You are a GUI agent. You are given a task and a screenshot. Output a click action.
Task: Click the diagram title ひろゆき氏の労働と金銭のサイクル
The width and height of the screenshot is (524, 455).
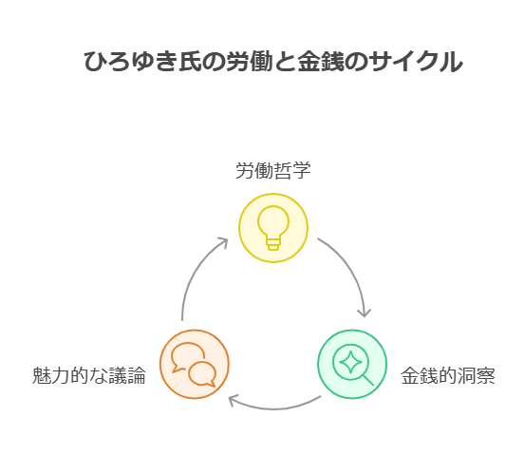tap(273, 61)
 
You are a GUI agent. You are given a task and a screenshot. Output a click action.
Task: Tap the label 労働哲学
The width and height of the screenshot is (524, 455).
tap(273, 170)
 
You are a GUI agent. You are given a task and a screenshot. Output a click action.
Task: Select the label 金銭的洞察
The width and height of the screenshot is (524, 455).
tap(448, 375)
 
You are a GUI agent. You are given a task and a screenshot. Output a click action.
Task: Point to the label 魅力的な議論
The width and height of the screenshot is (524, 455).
tap(89, 375)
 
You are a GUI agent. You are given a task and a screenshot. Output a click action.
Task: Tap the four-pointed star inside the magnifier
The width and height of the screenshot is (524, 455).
tap(350, 362)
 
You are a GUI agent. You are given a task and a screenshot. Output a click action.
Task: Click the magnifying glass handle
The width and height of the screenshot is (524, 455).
tap(368, 380)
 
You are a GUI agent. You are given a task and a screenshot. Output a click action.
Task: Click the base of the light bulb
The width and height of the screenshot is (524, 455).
tap(273, 243)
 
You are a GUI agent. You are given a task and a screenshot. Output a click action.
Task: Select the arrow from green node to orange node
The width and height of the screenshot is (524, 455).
tap(274, 408)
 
